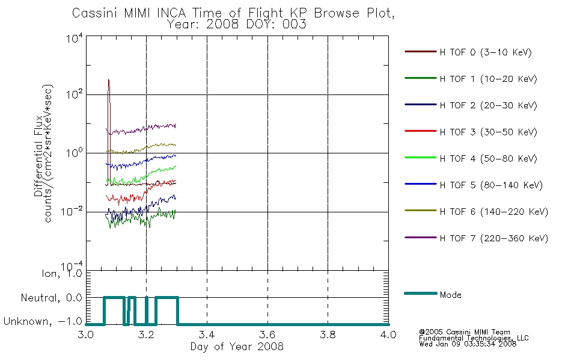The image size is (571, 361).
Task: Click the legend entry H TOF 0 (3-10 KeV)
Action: click(x=486, y=52)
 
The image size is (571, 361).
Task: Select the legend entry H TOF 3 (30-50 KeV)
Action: click(x=488, y=132)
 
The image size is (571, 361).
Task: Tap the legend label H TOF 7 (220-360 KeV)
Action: click(x=494, y=238)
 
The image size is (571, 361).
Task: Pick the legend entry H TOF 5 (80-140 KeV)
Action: click(x=491, y=185)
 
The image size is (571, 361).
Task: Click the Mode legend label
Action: click(x=450, y=295)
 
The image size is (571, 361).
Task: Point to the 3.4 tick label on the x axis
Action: click(x=207, y=335)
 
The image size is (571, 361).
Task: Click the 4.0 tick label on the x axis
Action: click(x=388, y=335)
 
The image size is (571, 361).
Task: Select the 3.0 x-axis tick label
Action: click(x=86, y=335)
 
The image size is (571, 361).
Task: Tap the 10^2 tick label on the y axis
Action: click(x=75, y=94)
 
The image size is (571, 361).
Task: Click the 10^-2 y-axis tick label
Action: click(x=72, y=211)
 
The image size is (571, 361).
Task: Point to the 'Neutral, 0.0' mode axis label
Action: click(x=51, y=298)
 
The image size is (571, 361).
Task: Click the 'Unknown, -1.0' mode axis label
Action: click(x=43, y=321)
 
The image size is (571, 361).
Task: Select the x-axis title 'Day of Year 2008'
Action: click(x=237, y=347)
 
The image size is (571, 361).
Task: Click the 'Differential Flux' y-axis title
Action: click(x=38, y=156)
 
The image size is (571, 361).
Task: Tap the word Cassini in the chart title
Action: click(x=95, y=13)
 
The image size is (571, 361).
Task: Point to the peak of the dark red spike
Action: click(x=109, y=79)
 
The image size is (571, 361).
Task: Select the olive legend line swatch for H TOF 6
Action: click(x=420, y=211)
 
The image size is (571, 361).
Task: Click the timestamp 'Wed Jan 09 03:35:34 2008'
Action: click(x=468, y=344)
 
